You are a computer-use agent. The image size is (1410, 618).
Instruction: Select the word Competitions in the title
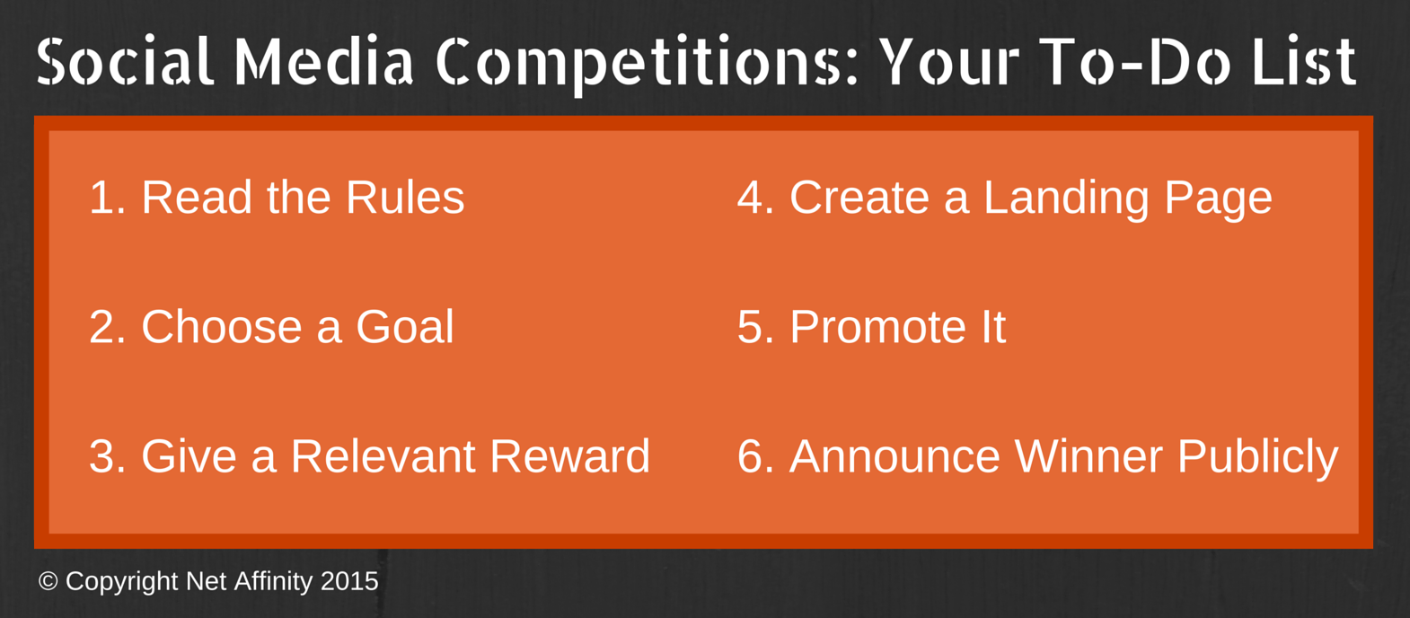647,66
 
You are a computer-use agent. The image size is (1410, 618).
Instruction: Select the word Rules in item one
405,198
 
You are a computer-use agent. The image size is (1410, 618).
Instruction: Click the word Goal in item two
404,327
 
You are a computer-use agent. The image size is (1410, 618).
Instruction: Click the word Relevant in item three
383,456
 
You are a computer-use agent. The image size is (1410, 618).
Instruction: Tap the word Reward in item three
569,456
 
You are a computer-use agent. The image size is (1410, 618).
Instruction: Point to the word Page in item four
1218,201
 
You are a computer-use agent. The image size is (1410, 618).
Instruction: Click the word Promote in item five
878,327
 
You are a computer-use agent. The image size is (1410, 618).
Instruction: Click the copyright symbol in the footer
48,581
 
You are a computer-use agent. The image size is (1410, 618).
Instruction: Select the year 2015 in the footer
349,581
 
